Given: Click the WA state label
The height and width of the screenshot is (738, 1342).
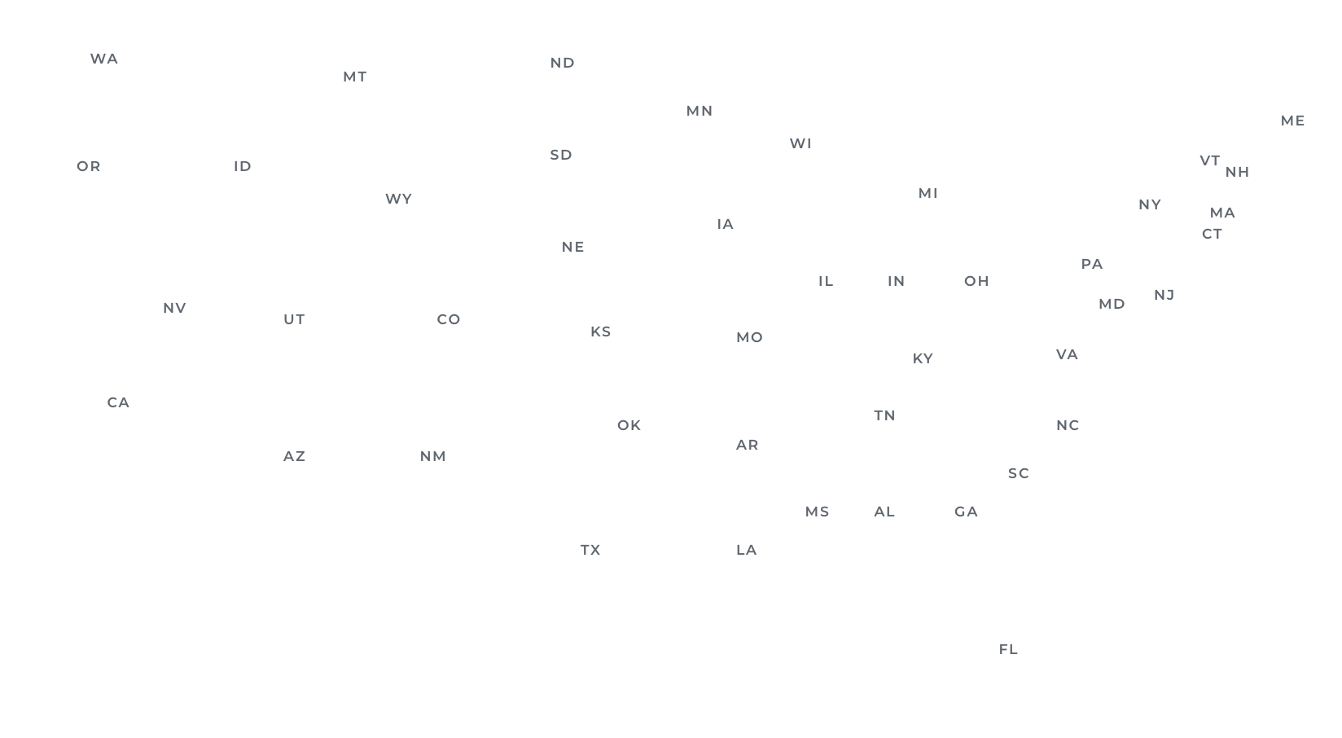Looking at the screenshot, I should click(103, 59).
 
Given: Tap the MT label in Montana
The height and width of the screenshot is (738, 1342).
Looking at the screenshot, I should click(354, 77).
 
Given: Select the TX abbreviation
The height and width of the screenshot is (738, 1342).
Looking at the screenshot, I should click(590, 550).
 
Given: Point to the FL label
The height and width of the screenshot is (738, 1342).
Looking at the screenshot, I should click(1008, 649).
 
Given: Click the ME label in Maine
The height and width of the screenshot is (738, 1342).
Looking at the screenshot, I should click(1292, 121).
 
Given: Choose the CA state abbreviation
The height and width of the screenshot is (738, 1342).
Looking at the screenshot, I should click(118, 402).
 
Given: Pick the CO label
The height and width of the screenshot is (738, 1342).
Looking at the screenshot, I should click(449, 319).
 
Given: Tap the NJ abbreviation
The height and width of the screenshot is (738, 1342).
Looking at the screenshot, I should click(1164, 294).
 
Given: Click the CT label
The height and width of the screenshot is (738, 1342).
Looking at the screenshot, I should click(1212, 234).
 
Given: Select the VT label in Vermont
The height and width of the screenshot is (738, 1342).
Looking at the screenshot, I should click(1209, 161).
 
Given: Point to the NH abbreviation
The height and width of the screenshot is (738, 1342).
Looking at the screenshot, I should click(1237, 172).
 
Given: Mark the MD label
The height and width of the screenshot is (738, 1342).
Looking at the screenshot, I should click(1112, 304).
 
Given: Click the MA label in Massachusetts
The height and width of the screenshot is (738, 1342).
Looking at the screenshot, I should click(1222, 213).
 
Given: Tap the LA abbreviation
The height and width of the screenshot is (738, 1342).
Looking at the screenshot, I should click(746, 550).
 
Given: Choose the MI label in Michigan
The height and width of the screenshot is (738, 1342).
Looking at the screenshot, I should click(928, 193).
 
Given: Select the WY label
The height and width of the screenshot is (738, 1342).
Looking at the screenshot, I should click(398, 199).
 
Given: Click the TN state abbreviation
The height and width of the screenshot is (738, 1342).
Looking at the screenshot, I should click(884, 415).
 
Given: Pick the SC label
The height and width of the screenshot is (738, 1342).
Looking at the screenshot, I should click(1018, 473).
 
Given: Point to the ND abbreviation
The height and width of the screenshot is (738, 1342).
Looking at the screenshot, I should click(562, 63).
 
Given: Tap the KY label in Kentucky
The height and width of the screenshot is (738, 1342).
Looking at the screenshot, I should click(922, 358).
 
